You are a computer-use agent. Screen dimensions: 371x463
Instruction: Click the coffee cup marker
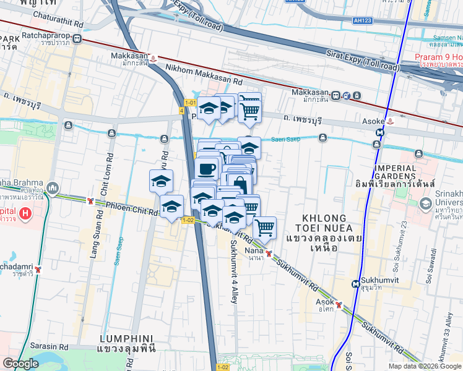tap(206, 168)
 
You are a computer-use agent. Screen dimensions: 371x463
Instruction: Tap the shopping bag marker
tap(240, 184)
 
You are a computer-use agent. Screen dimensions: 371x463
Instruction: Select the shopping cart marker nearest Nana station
tap(264, 228)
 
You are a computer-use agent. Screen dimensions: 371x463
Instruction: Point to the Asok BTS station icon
tap(339, 304)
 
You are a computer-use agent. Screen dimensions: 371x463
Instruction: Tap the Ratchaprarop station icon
tap(77, 38)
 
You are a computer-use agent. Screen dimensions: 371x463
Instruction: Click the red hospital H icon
tap(25, 214)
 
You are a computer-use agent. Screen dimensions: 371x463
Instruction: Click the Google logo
tap(20, 364)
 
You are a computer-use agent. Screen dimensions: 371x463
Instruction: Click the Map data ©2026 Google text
tap(424, 366)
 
